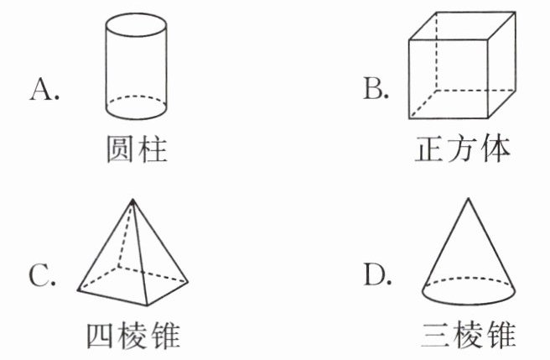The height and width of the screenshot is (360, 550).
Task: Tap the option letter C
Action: pos(42,274)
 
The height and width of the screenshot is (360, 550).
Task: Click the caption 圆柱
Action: pos(137,150)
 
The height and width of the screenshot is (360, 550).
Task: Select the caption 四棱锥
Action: pos(134,335)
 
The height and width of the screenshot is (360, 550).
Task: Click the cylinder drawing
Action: pos(137,67)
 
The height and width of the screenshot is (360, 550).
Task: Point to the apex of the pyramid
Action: pos(132,199)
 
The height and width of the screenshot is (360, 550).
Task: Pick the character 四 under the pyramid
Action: pos(101,335)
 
